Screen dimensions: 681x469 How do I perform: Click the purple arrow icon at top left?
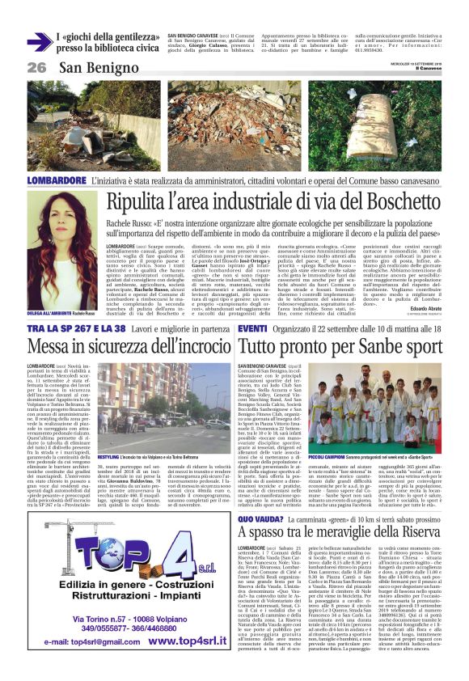pos(39,42)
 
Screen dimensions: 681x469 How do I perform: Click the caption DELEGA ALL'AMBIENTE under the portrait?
pos(49,313)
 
